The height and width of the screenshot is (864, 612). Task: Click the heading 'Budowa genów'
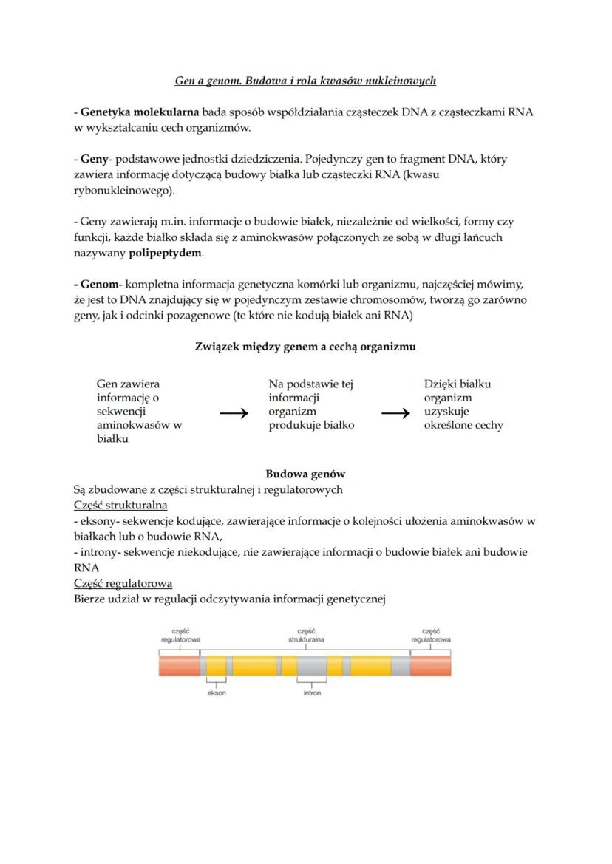(x=305, y=474)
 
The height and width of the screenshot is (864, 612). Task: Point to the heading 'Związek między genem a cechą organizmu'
(x=305, y=347)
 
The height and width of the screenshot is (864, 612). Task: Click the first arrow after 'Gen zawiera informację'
(x=234, y=414)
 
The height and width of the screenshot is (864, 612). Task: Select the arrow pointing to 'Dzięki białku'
(x=395, y=414)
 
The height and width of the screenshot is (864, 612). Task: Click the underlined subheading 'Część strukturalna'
(x=120, y=506)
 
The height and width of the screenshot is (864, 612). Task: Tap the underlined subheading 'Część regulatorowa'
(x=123, y=583)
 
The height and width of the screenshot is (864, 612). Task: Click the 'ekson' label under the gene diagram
(x=217, y=693)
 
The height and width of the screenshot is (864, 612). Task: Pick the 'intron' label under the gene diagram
(x=312, y=693)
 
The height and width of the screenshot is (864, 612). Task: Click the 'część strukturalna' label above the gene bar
(x=306, y=635)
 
